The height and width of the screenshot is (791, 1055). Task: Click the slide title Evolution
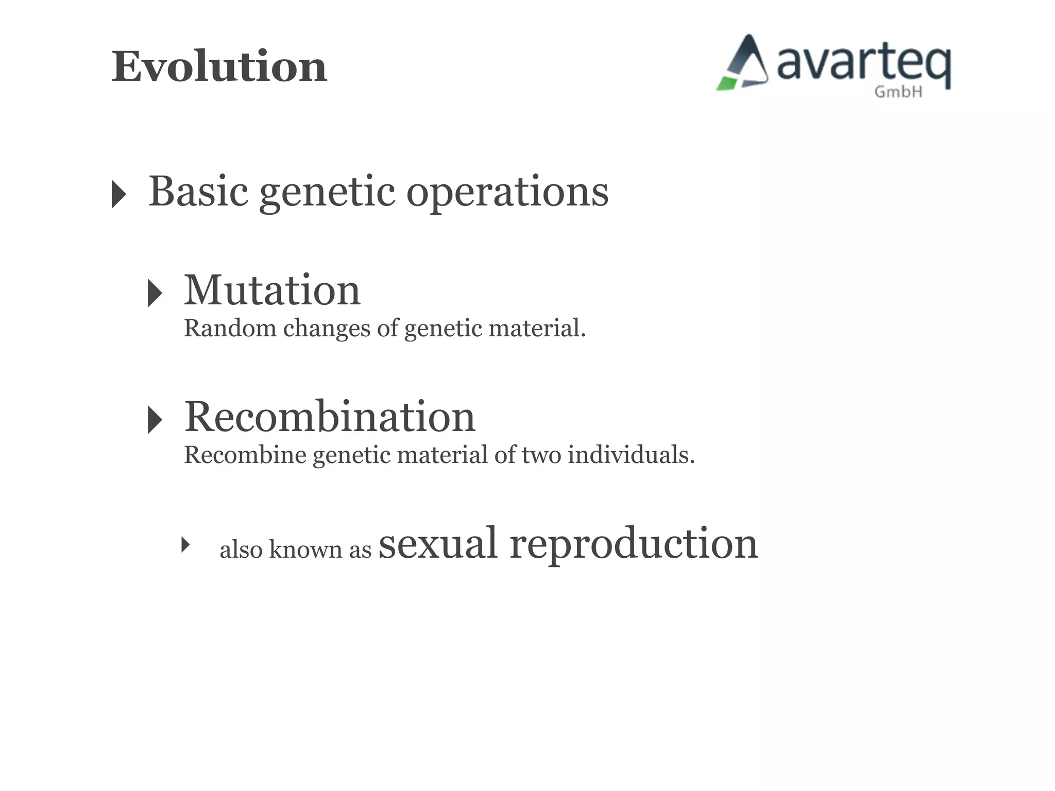tap(219, 67)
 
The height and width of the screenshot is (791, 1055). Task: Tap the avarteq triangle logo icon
tap(743, 64)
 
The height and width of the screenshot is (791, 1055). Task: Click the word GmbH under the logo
tap(898, 92)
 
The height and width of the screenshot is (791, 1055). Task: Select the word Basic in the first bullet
tap(198, 192)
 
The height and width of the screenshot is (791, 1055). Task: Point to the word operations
tap(507, 193)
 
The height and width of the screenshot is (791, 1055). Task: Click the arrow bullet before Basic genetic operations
tap(118, 194)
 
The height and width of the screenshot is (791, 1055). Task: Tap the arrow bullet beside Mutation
tap(155, 293)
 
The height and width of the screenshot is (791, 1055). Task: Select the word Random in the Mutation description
tap(230, 328)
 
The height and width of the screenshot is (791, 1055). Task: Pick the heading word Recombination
tap(330, 417)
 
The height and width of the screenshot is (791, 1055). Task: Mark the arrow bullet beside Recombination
tap(155, 420)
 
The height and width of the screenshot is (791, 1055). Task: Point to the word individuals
tap(631, 455)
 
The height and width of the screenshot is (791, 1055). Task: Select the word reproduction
tap(634, 545)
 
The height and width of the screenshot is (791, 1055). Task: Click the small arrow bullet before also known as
tap(185, 544)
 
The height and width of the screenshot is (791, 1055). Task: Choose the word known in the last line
tap(305, 549)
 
